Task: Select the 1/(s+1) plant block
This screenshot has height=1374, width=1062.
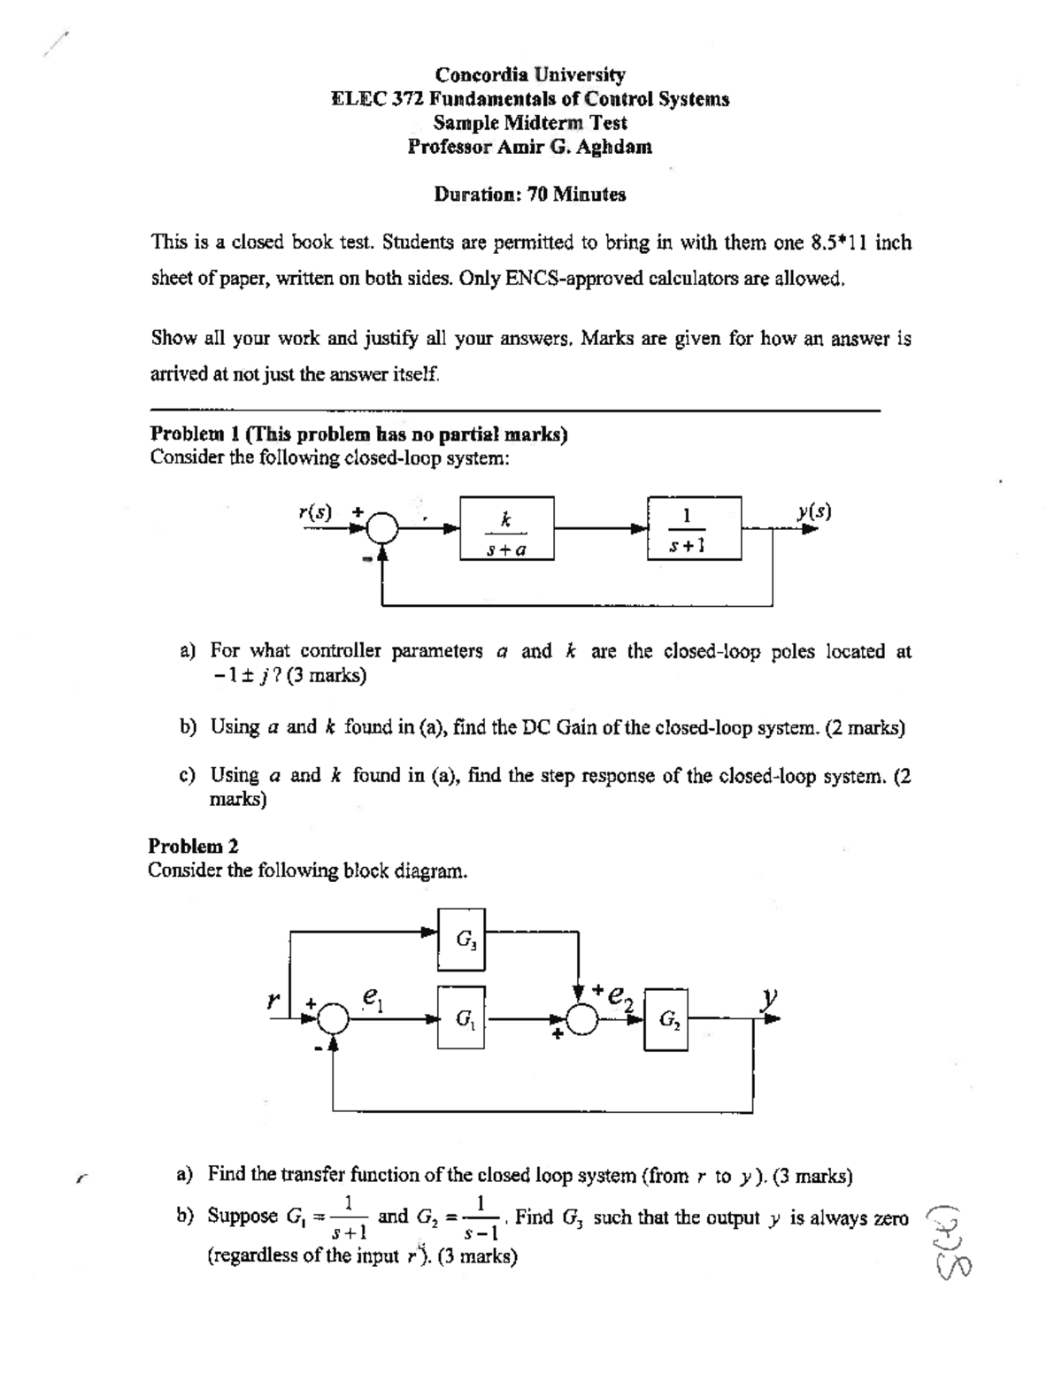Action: coord(695,528)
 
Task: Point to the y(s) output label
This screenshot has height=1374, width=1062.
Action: coord(814,511)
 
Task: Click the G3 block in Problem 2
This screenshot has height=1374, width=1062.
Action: coord(461,938)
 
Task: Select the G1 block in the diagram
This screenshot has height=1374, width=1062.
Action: coord(461,1018)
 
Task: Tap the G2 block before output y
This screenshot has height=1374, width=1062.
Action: coord(666,1019)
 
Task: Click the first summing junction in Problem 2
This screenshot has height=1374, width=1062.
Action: coord(334,1020)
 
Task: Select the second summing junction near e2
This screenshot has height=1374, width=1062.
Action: coord(580,1020)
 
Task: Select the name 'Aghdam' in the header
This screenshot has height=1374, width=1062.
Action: coord(619,147)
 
